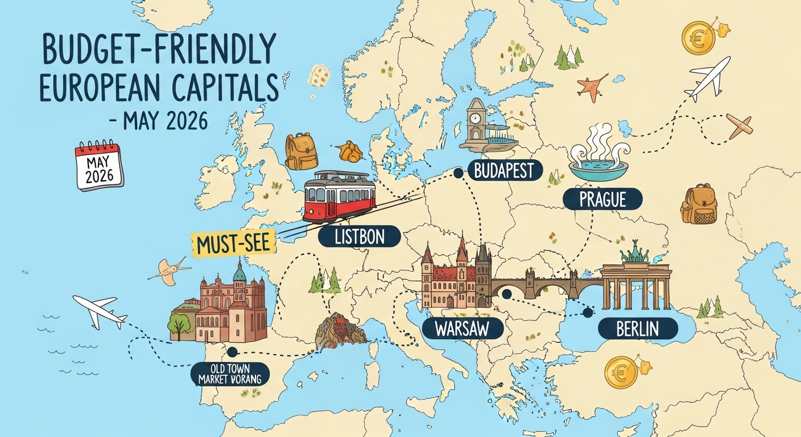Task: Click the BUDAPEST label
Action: tap(504, 170)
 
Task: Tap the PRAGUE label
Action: tap(602, 199)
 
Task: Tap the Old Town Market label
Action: tap(230, 373)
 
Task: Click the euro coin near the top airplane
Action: tap(698, 38)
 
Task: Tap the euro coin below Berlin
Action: tap(621, 373)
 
